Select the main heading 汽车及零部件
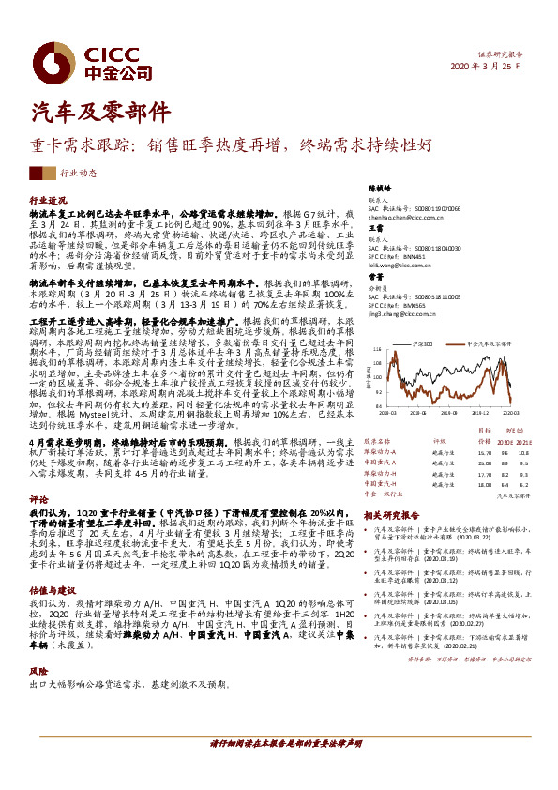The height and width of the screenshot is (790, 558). (x=100, y=112)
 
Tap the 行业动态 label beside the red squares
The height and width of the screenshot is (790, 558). (x=79, y=174)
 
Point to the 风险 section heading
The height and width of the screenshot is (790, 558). (x=38, y=673)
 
